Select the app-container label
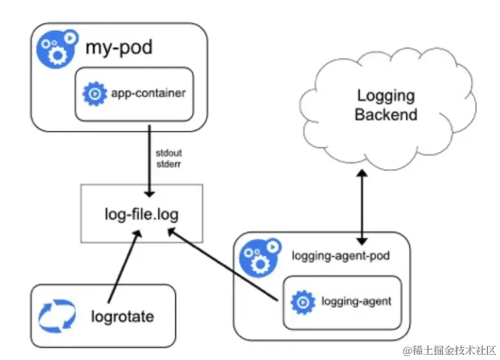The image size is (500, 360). pos(148,93)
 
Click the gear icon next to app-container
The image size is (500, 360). pos(94,93)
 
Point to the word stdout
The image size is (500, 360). pos(168,153)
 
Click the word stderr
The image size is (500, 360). pos(168,164)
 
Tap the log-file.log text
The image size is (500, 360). pos(142,214)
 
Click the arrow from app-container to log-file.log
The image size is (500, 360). pos(149,161)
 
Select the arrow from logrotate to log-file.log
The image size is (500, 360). pos(124,266)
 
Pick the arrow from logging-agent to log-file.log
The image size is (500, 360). pos(223,264)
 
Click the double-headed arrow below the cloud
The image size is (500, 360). pos(362,207)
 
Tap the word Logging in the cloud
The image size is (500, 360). pos(386,96)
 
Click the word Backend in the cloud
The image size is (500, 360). pos(386,115)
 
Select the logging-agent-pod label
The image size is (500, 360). pos(341,256)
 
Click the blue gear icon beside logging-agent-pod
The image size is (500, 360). pos(260,258)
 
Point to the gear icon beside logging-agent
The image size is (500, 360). pos(303,302)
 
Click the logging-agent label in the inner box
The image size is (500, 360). pos(356,301)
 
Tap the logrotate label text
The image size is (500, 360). pos(122,317)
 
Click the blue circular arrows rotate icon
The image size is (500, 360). pos(57,316)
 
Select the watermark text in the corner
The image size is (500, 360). pos(449,350)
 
